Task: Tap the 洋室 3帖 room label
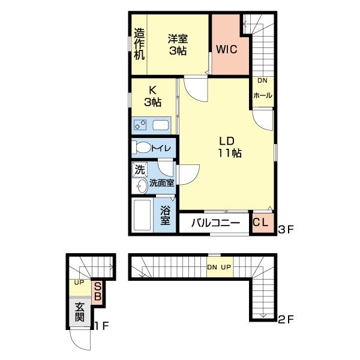coord(178,44)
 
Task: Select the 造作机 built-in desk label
coord(139,44)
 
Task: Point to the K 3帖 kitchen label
coord(153,97)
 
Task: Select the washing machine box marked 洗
coord(139,170)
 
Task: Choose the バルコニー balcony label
coord(216,224)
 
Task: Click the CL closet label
coord(260,223)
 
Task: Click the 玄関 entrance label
coord(79,313)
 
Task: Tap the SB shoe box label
coord(96,292)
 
